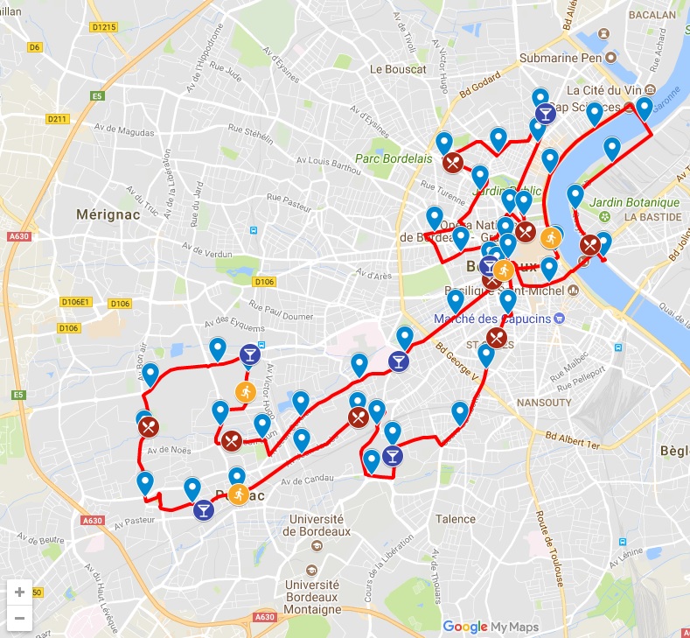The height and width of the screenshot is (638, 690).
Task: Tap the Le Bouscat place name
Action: point(398,68)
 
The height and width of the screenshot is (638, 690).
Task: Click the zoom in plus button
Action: point(19,591)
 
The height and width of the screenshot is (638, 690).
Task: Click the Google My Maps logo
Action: point(490,627)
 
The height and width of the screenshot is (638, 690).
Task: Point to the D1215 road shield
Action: point(104,27)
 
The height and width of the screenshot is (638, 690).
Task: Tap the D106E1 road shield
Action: point(76,302)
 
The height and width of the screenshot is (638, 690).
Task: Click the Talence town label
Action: point(455,519)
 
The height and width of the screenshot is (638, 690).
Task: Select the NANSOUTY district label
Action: point(546,403)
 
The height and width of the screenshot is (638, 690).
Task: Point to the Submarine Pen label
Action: point(564,58)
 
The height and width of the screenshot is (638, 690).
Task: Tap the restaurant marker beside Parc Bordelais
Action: point(452,162)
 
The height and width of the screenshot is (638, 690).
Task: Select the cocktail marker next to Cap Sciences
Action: point(545,114)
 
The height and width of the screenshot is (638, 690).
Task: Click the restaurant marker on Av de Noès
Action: point(148,427)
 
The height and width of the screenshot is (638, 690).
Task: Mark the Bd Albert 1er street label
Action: point(573,438)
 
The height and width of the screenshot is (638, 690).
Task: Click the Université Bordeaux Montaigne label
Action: point(312,597)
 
